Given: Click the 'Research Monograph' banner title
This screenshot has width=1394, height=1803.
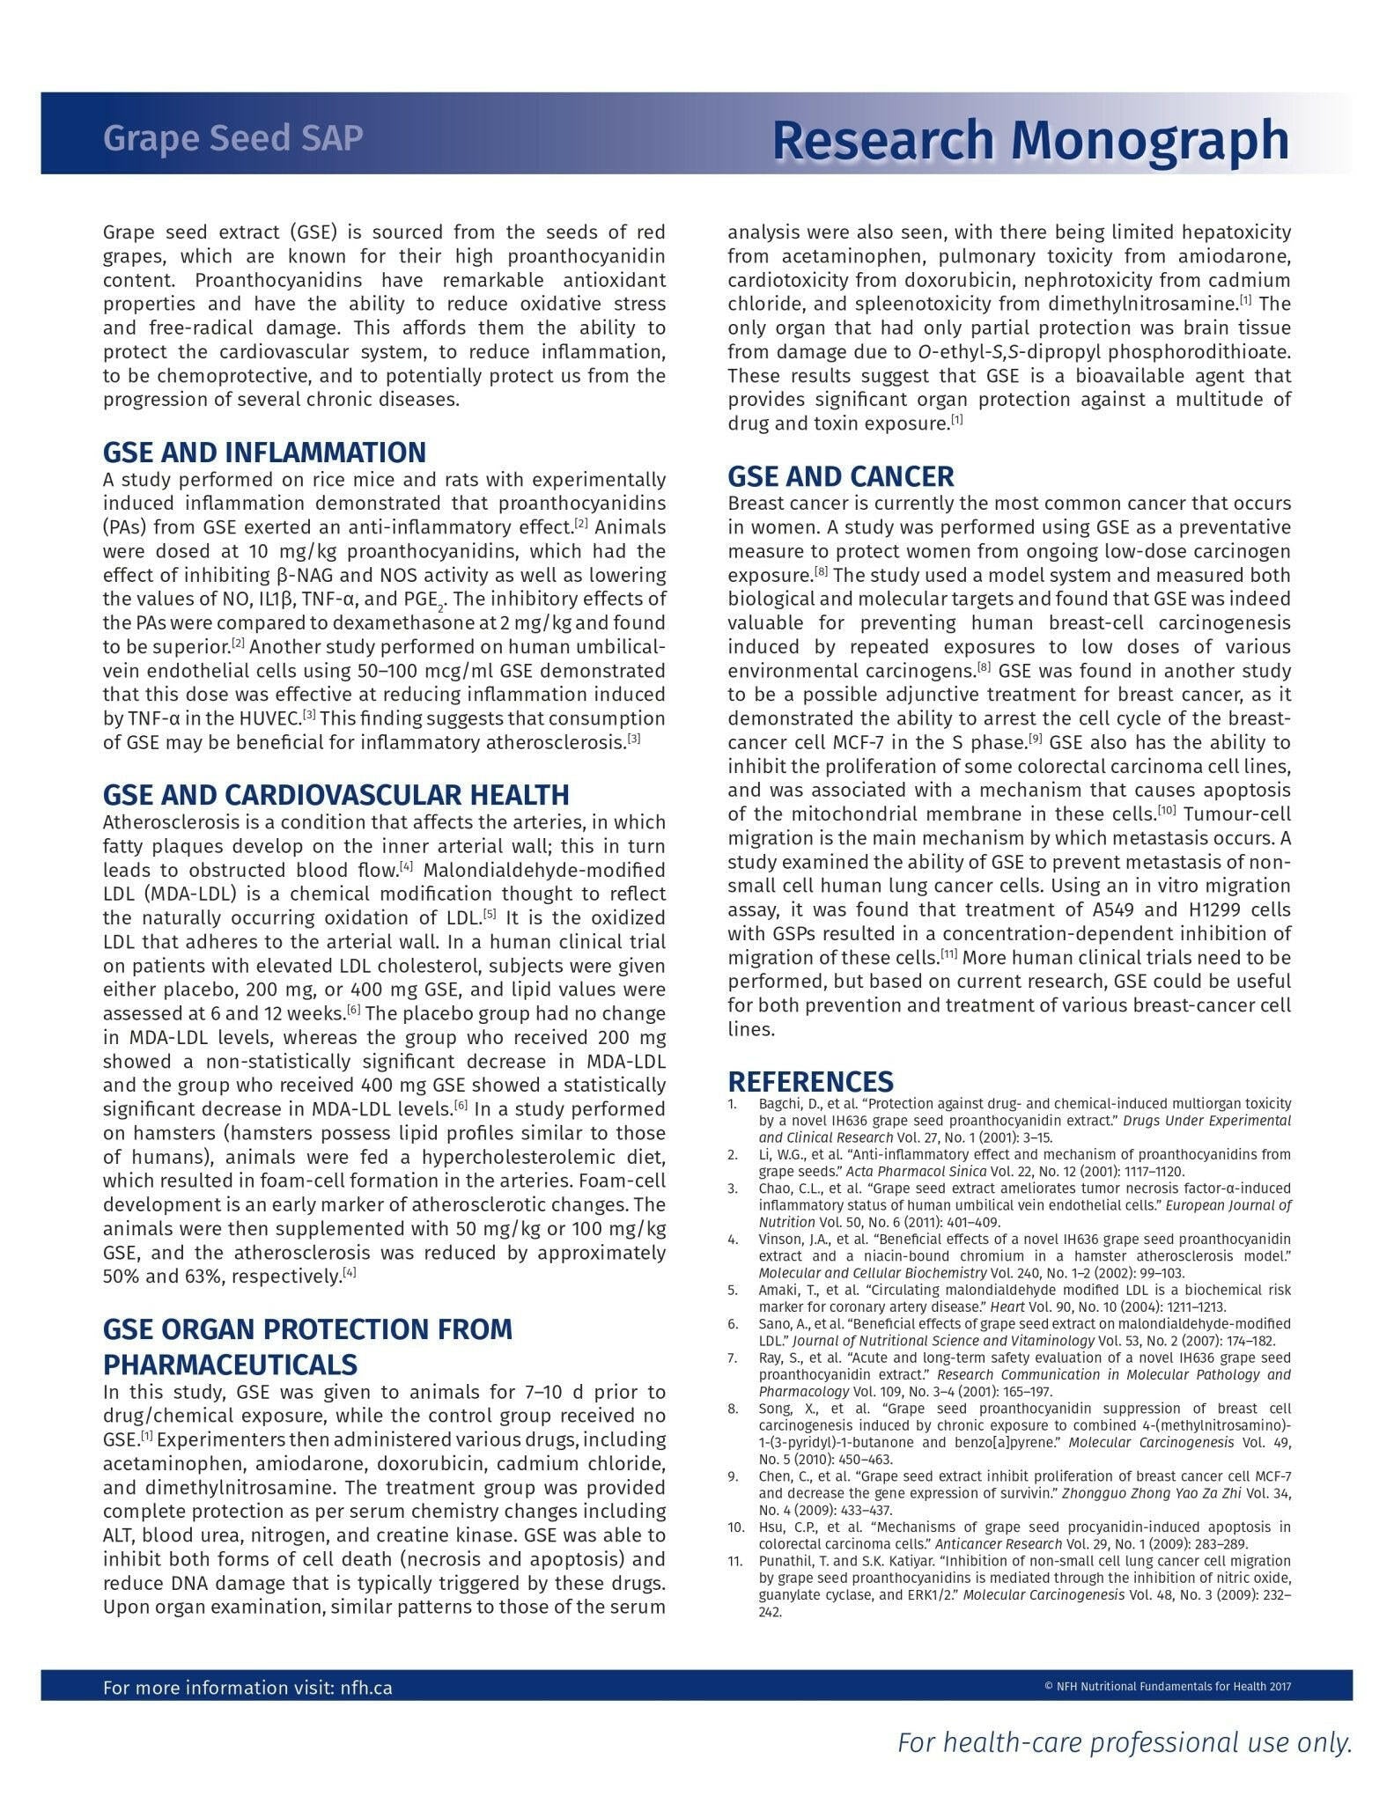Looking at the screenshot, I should [x=1030, y=140].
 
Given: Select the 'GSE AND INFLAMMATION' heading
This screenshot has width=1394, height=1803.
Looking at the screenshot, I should [x=264, y=453].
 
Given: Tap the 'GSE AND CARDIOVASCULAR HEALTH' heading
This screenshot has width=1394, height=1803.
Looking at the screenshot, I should [x=336, y=795].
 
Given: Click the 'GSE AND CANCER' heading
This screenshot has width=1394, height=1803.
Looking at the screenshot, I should [x=840, y=476].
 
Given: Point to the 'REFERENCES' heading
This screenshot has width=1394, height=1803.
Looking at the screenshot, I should [x=810, y=1081].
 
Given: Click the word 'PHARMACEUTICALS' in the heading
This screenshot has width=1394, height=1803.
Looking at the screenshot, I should [x=230, y=1365].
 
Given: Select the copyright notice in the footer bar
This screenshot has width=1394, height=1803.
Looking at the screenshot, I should [x=1167, y=1687].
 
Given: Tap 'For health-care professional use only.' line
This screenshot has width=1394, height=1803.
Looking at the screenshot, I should [x=1124, y=1742].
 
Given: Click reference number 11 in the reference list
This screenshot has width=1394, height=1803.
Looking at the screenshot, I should [x=736, y=1561].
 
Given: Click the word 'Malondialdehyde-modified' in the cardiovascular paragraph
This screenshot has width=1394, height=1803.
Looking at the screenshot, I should [x=545, y=870].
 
